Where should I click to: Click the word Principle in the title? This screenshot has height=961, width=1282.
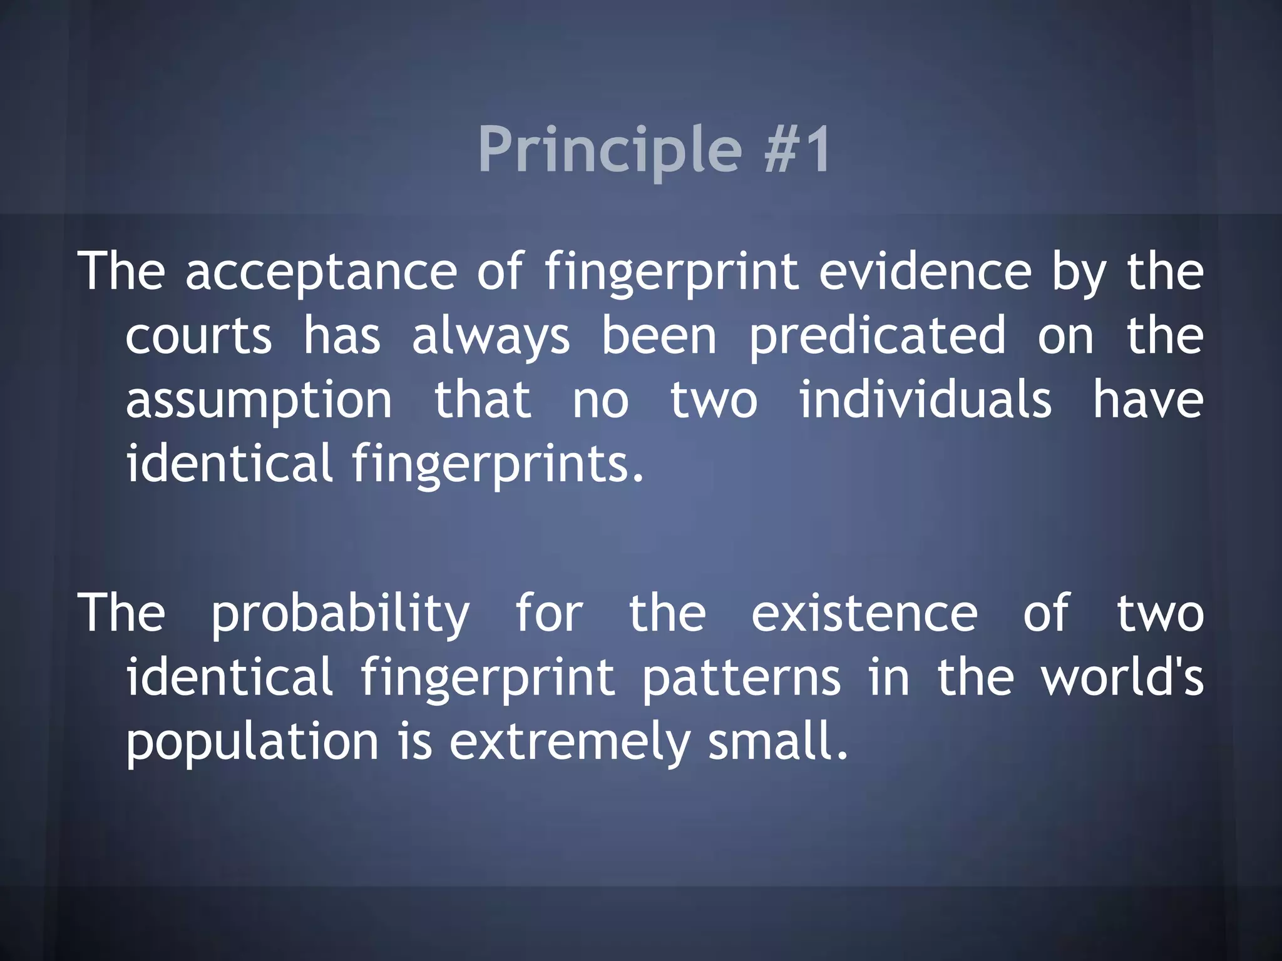coord(609,150)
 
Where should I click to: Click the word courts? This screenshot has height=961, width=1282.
coord(198,336)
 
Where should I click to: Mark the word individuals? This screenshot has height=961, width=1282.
coord(925,400)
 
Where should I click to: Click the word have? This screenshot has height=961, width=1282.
coord(1148,400)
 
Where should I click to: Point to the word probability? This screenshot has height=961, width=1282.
coord(340,614)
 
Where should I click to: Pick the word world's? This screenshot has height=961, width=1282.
coord(1122,678)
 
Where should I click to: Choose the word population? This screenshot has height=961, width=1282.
coord(253,743)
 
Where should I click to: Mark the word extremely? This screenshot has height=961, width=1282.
coord(569,743)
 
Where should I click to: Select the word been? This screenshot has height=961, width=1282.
coord(659,336)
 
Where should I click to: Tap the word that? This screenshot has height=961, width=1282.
coord(483,400)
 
